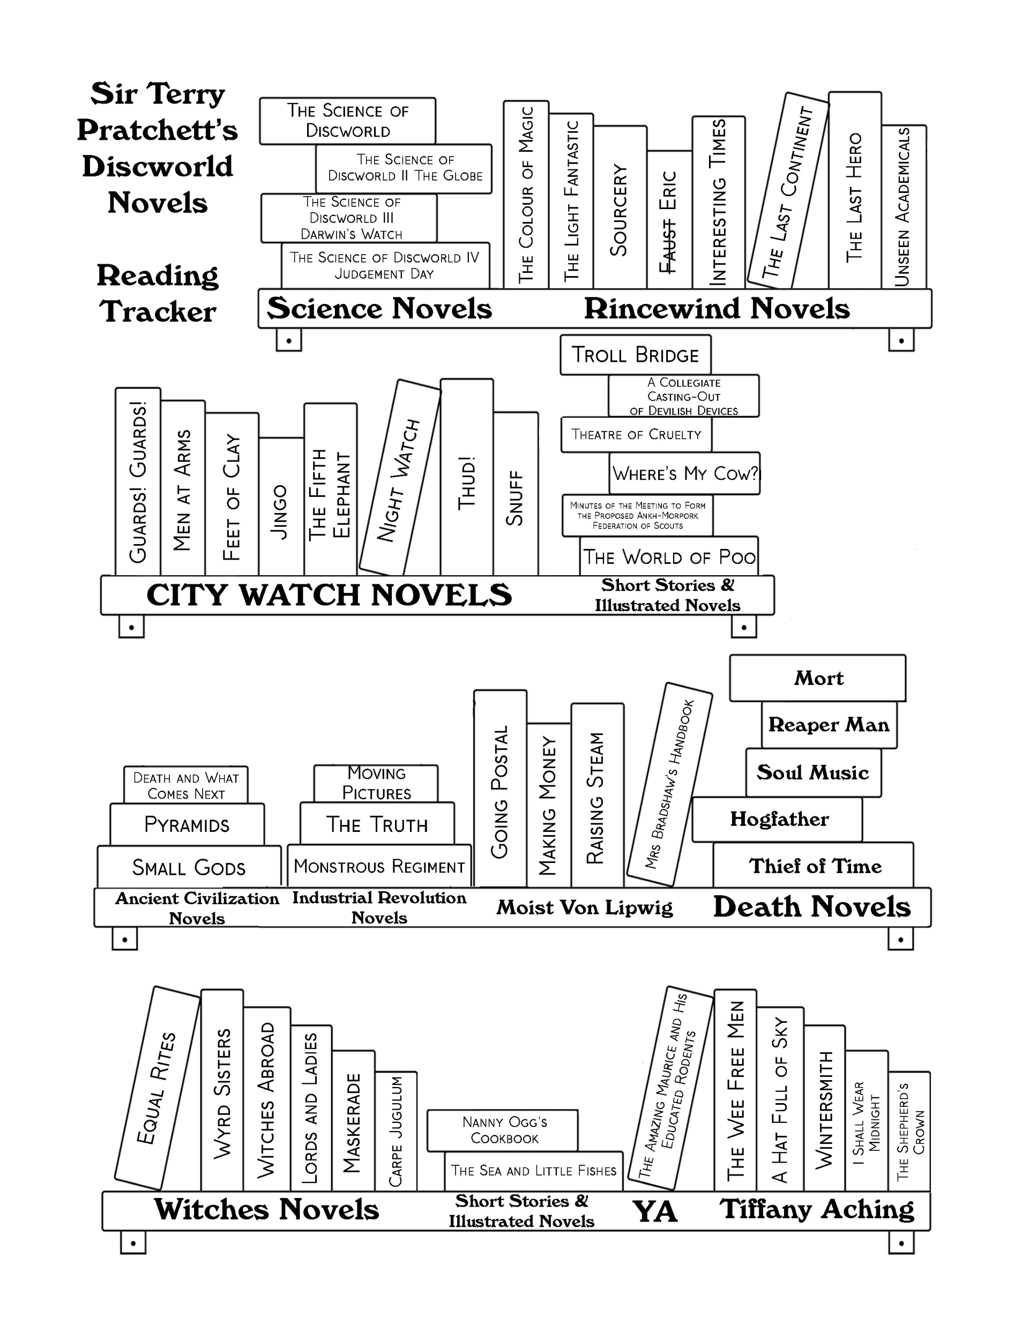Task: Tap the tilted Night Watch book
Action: tap(399, 478)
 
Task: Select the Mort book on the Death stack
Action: tap(817, 678)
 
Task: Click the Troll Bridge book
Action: tap(635, 355)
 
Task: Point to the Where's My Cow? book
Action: tap(684, 473)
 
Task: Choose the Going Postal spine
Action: tap(499, 790)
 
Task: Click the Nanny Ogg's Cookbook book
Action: tap(503, 1130)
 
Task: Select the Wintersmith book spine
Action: tap(823, 1110)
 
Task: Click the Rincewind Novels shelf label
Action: tap(717, 309)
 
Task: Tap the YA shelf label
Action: tap(654, 1212)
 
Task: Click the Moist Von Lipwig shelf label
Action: tap(584, 907)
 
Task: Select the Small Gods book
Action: tap(189, 867)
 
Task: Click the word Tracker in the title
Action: tap(158, 311)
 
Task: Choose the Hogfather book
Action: tap(778, 819)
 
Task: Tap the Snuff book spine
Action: tap(516, 497)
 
